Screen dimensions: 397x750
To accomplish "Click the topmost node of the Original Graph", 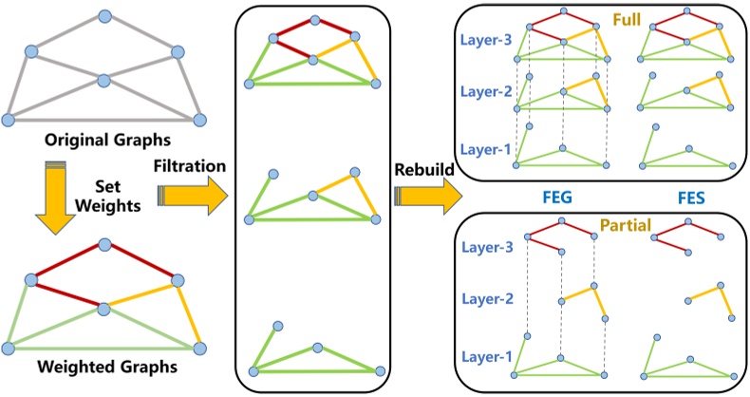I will point(103,17).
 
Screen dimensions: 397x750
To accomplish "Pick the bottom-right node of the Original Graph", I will point(199,119).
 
